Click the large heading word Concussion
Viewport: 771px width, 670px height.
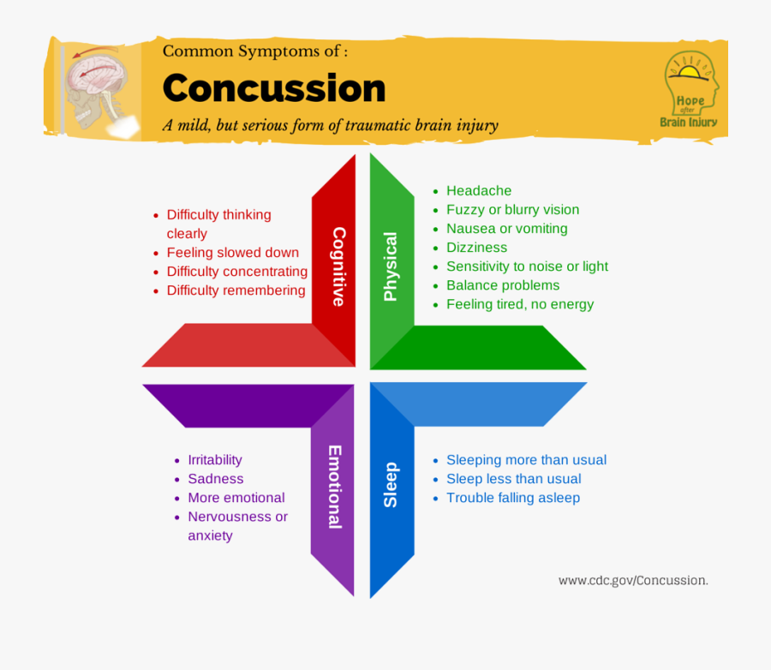pyautogui.click(x=274, y=89)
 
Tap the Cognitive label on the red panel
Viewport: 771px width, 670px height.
pyautogui.click(x=338, y=266)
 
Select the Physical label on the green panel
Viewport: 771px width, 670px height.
pyautogui.click(x=391, y=266)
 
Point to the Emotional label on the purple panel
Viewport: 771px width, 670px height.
pyautogui.click(x=335, y=487)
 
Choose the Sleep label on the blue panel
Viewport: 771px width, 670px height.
pyautogui.click(x=391, y=485)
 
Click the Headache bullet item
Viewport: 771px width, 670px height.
pyautogui.click(x=479, y=191)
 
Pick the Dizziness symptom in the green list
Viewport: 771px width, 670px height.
pyautogui.click(x=476, y=248)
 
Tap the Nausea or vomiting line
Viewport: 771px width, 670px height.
pyautogui.click(x=506, y=229)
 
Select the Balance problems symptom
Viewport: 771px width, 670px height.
pyautogui.click(x=503, y=285)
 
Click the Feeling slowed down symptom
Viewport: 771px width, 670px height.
pyautogui.click(x=232, y=253)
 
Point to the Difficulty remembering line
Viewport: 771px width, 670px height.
pyautogui.click(x=236, y=290)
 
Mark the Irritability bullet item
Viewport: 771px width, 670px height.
pyautogui.click(x=215, y=460)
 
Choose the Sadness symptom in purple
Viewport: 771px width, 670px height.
pyautogui.click(x=216, y=479)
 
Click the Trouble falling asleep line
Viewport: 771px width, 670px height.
pyautogui.click(x=513, y=498)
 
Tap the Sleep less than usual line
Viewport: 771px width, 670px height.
pyautogui.click(x=513, y=479)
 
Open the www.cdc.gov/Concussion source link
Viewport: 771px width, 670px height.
pyautogui.click(x=633, y=580)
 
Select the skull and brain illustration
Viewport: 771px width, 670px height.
pyautogui.click(x=101, y=86)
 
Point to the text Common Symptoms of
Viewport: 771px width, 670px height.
pyautogui.click(x=254, y=51)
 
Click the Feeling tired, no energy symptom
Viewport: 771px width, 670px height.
pyautogui.click(x=520, y=304)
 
